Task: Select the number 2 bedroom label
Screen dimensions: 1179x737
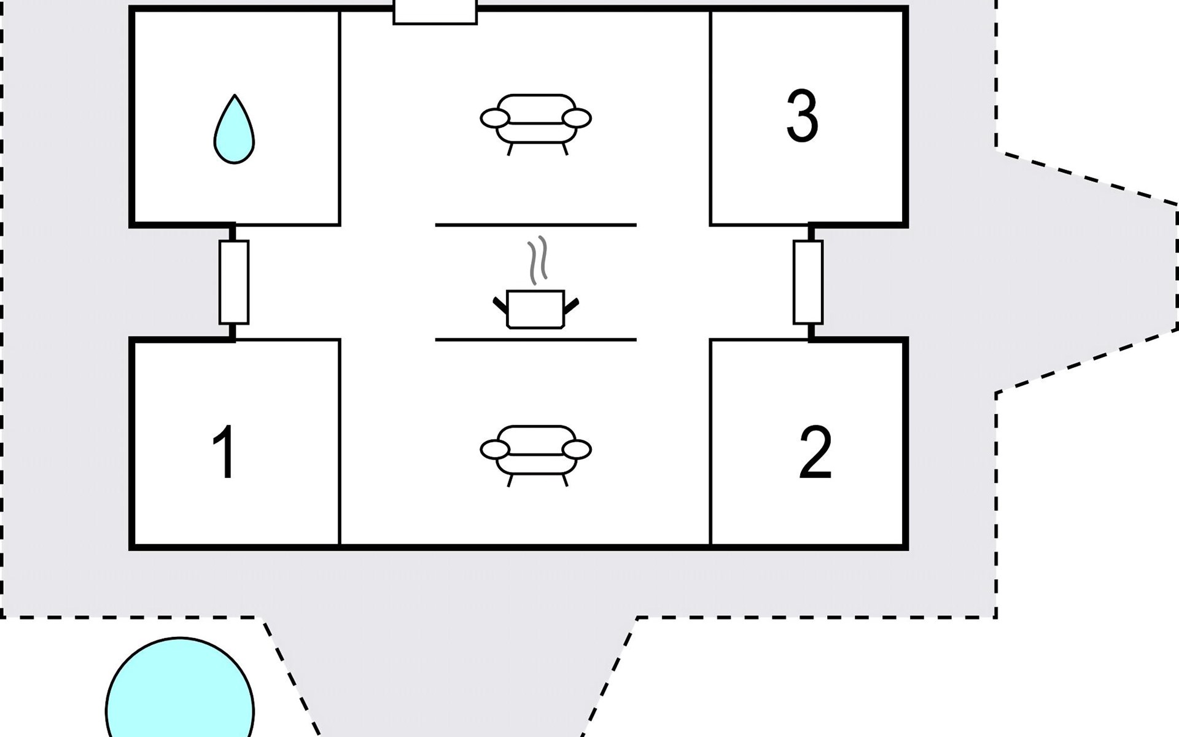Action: [x=815, y=453]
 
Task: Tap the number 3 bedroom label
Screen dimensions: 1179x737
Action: [x=802, y=116]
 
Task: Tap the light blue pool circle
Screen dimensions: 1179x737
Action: [x=180, y=687]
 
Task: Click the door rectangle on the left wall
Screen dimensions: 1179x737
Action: [x=234, y=282]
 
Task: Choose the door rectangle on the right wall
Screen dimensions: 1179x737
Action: [x=808, y=282]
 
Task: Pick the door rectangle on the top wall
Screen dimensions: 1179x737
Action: [x=435, y=12]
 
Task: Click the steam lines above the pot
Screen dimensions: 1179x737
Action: [x=537, y=260]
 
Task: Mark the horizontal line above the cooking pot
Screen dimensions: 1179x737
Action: [x=535, y=225]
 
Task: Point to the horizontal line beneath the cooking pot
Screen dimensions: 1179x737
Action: [x=535, y=340]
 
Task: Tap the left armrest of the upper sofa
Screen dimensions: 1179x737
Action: [x=495, y=119]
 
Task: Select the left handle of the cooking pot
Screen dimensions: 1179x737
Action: [x=500, y=305]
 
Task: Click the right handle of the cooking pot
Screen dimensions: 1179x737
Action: [x=571, y=305]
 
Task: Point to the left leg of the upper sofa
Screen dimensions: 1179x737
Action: [x=510, y=149]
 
